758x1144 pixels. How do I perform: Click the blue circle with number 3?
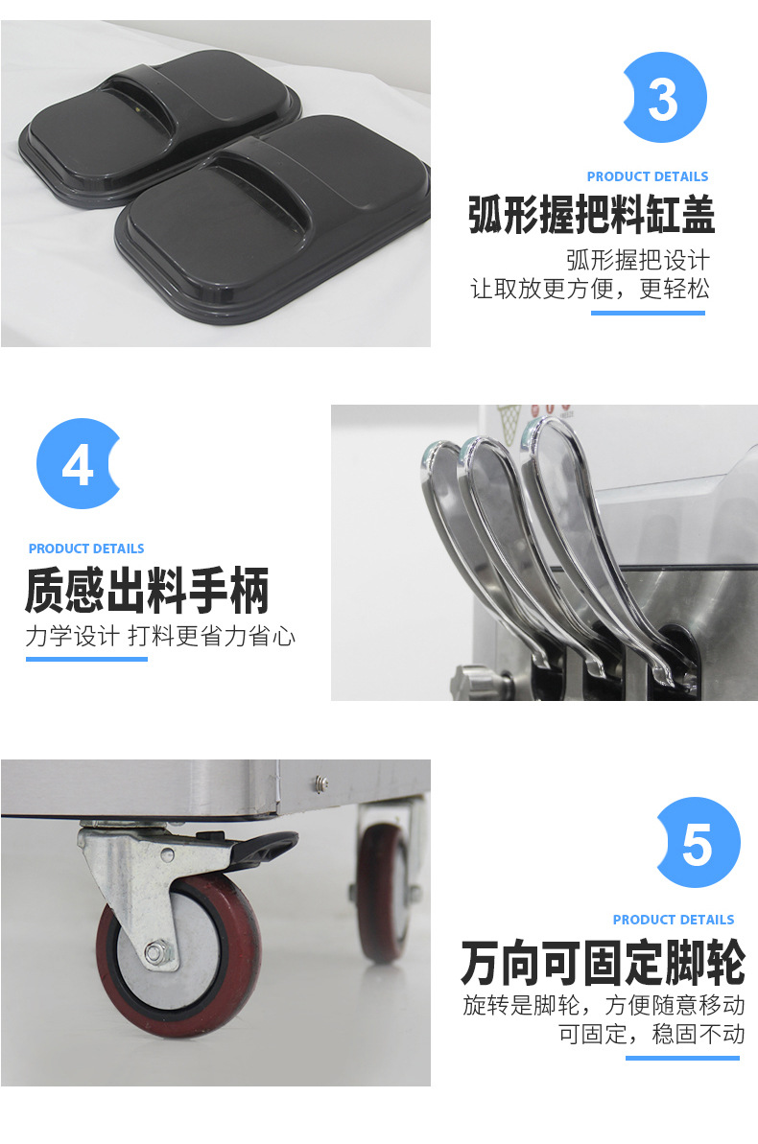(x=664, y=98)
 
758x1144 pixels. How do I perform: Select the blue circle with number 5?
(x=698, y=842)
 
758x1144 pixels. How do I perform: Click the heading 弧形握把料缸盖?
(x=591, y=216)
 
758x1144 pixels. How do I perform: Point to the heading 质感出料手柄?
(x=147, y=591)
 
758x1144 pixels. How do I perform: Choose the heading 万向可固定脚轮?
(x=603, y=963)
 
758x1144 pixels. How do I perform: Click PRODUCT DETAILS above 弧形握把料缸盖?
(x=647, y=176)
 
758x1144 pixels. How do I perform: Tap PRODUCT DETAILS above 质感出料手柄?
(x=86, y=549)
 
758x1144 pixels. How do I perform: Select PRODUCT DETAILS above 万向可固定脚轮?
(x=673, y=920)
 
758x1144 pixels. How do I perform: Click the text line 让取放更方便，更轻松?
(x=589, y=289)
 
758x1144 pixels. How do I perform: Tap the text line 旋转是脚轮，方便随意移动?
(x=604, y=1006)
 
